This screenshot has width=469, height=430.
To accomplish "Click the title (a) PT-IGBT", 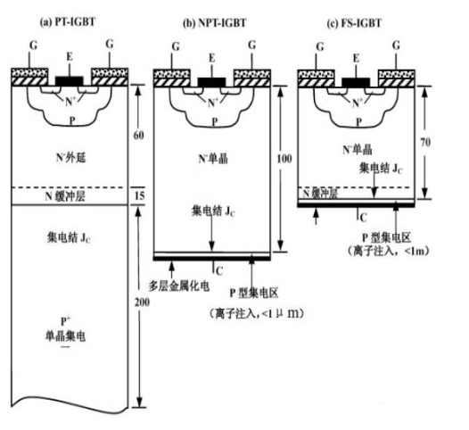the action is coord(68,22).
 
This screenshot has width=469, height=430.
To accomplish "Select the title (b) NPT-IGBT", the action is coord(215,23).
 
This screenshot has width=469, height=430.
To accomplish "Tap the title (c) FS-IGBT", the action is coord(354,23).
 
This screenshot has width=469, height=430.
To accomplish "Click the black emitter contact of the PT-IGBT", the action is coord(70,81).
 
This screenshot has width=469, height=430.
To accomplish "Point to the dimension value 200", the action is coord(142,302).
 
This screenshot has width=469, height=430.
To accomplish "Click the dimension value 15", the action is coord(140,195).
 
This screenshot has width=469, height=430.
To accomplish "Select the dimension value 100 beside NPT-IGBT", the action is coord(284,159).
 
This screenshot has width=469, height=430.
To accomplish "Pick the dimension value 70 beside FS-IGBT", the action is coord(425,142).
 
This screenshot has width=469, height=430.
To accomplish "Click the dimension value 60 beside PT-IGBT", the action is coord(138,136).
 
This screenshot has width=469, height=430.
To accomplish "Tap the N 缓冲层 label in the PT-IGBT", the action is coord(65,196).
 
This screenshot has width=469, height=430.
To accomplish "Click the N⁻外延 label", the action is coord(71,157).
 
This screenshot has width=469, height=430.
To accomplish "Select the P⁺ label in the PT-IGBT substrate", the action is coord(65,321).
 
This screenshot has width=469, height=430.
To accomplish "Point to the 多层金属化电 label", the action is coord(178,286).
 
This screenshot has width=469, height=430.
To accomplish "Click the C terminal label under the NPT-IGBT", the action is coord(219,271).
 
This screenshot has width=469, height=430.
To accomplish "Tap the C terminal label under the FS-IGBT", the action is coord(363,218).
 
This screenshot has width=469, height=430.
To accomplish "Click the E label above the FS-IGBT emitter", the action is coord(356,58).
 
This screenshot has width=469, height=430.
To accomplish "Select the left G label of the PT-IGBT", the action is coord(34,45).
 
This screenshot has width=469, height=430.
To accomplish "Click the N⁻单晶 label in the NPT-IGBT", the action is coord(213,159).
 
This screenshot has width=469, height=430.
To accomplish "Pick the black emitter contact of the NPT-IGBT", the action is coord(212,82).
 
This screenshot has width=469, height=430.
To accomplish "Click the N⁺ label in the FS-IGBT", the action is coord(358,103).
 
